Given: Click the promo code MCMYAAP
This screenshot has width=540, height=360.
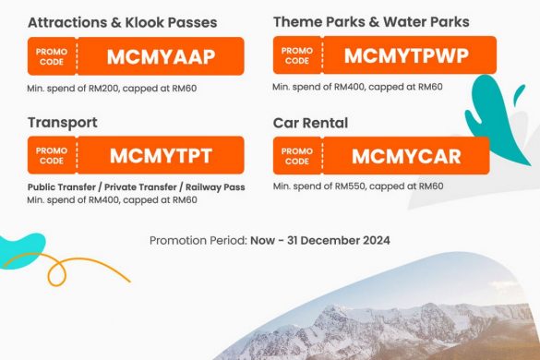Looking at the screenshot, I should click(x=161, y=56).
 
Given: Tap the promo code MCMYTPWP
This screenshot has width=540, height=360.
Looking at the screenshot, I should click(x=405, y=55).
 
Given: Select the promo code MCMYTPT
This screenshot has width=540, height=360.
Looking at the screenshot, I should click(x=161, y=155).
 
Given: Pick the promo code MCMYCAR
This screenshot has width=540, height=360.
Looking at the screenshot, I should click(x=406, y=156).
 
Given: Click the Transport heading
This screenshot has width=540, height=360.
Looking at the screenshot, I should click(x=64, y=122).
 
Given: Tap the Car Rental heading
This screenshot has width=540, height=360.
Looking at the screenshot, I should click(x=316, y=122).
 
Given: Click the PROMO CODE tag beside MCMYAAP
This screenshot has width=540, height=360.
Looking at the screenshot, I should click(x=52, y=56).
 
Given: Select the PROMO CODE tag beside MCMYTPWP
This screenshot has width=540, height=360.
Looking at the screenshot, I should click(x=296, y=55).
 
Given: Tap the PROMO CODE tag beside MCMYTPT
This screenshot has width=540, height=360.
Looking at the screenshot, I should click(x=52, y=155).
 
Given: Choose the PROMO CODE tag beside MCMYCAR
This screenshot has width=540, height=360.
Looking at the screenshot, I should click(x=296, y=156).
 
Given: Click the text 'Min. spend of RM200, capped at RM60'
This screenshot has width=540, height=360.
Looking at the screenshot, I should click(x=114, y=88).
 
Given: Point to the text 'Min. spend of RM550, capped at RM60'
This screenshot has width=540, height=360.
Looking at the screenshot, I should click(x=358, y=186).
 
